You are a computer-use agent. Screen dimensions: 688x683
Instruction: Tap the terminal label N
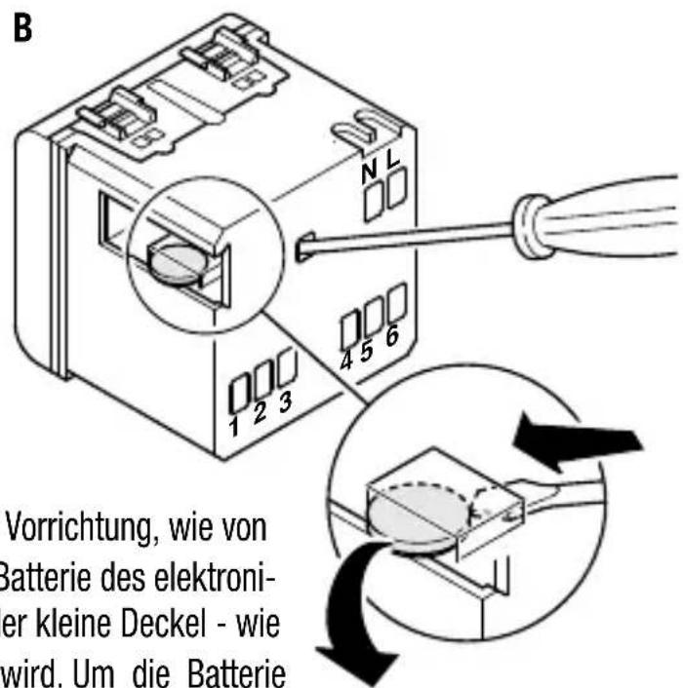pyautogui.click(x=368, y=172)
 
